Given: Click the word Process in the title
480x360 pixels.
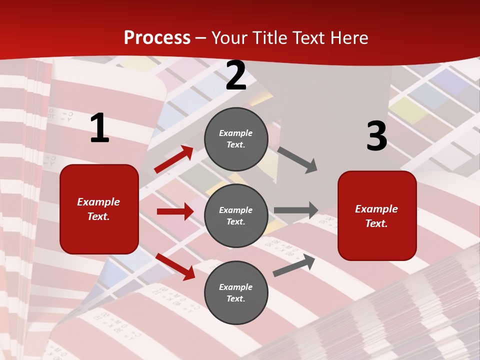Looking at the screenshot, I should tap(157, 38).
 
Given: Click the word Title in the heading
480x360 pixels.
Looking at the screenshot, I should tap(269, 38).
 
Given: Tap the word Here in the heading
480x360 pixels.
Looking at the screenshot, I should tap(347, 38).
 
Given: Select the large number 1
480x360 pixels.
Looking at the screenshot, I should tap(99, 128).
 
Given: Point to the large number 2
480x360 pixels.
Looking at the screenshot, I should tap(236, 76).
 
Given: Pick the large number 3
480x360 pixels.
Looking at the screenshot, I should tap(376, 136).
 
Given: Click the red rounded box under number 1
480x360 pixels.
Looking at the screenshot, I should tap(99, 209).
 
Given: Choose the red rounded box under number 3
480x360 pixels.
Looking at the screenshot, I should tap(377, 215).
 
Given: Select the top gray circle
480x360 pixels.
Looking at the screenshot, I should tap(236, 139).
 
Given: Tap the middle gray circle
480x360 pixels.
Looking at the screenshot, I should tap(236, 215).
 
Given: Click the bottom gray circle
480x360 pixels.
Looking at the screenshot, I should tap(236, 292).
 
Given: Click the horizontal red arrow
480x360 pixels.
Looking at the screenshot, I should tap(175, 211).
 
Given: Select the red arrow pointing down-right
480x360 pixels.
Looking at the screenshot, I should tap(175, 266).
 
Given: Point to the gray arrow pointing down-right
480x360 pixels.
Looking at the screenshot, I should tap(297, 160).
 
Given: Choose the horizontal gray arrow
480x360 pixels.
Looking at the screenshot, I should tap(296, 210).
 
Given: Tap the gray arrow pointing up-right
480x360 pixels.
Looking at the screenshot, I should tap(294, 265).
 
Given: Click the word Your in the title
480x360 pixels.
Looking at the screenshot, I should tap(230, 38).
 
